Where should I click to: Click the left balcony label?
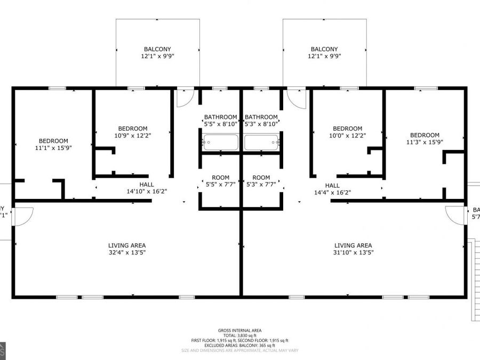click(x=157, y=49)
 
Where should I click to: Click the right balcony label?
click(x=324, y=49)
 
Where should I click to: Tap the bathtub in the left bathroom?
click(x=220, y=142)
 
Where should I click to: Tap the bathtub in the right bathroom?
click(x=261, y=142)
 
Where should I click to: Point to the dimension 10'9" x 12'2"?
click(x=133, y=135)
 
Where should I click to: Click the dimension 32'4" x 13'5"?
click(x=126, y=253)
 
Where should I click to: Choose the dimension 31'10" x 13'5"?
click(x=353, y=253)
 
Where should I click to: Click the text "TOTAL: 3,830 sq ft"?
click(x=239, y=335)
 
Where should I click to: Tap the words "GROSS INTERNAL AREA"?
click(x=239, y=331)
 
